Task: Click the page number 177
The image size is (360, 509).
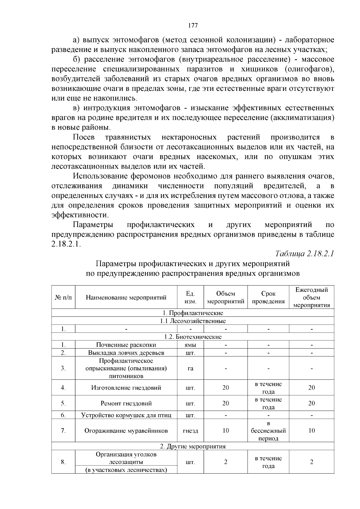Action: (193, 25)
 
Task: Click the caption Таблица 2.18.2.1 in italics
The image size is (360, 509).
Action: (304, 253)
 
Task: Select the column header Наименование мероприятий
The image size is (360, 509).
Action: (126, 298)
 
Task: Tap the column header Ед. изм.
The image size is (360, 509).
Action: (190, 298)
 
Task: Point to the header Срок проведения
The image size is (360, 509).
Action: (268, 298)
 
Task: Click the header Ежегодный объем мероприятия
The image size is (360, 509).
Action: (311, 298)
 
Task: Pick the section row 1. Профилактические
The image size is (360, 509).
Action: (193, 313)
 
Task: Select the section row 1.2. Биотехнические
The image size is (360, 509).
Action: (193, 337)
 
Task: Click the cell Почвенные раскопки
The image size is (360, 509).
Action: (126, 345)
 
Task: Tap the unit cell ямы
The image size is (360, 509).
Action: (190, 345)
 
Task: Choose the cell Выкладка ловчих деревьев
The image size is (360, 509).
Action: (126, 352)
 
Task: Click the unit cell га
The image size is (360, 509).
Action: (190, 368)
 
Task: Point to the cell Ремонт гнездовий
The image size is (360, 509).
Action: (126, 403)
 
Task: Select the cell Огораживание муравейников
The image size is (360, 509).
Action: (126, 431)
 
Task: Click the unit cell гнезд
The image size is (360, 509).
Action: (190, 431)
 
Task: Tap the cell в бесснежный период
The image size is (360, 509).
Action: (268, 431)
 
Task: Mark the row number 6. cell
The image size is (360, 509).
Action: (63, 415)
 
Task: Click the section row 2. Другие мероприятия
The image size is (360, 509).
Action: (193, 446)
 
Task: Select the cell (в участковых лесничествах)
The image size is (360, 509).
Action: (126, 470)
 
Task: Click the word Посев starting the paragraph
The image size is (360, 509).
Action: (84, 137)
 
